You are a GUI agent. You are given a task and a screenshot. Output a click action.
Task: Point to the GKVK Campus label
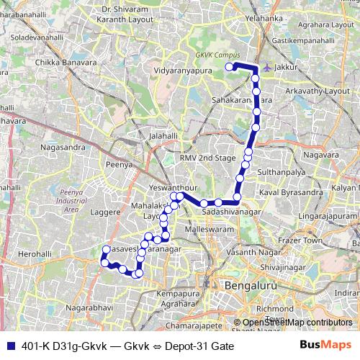coord(217,55)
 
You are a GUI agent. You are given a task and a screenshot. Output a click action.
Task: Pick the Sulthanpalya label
coord(287,174)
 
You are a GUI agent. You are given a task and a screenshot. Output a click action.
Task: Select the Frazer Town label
coord(301,240)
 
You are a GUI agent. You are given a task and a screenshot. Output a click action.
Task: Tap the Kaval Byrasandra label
coord(290,194)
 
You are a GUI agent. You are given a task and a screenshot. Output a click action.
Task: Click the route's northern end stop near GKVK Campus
coord(230,67)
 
